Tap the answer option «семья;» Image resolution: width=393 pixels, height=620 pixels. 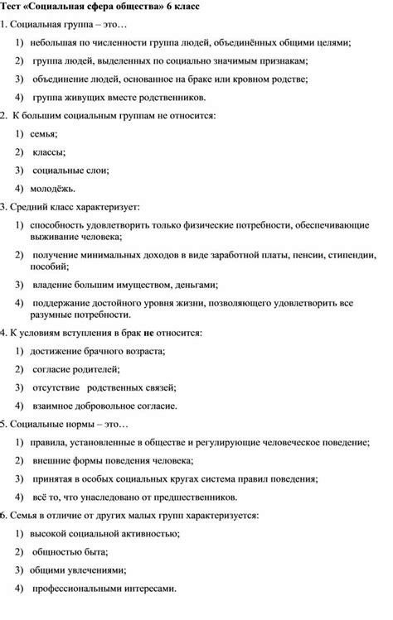(45, 134)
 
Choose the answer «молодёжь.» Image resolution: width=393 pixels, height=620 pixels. (56, 191)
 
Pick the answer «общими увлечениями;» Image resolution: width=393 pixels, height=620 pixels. (77, 570)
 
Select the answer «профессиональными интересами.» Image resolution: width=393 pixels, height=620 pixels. (104, 589)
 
